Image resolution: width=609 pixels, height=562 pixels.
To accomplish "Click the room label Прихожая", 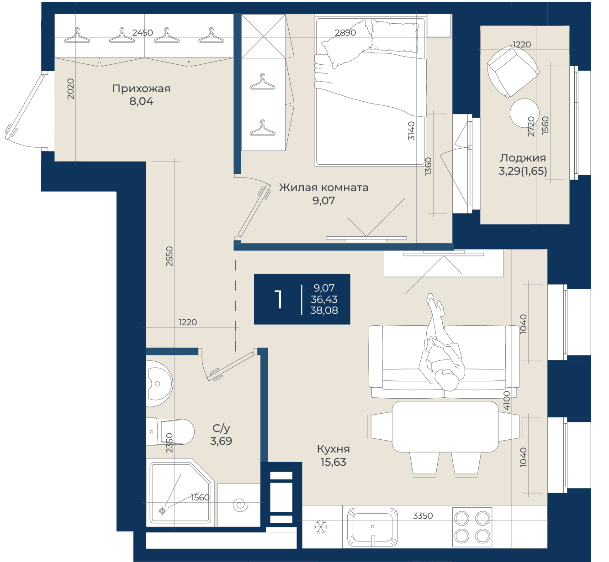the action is (141, 88).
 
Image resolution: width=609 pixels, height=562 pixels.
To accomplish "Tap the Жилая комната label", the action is (323, 187).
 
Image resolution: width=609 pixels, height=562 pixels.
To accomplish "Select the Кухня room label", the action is (334, 449).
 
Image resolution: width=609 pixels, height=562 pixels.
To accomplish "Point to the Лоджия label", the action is (523, 158).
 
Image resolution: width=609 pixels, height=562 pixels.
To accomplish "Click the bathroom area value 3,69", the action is (221, 441).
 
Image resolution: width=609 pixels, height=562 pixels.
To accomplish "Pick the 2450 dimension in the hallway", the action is (143, 32).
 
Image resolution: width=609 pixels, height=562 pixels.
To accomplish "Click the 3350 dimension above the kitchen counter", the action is (423, 516).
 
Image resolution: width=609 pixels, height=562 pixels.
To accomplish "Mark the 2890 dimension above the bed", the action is (345, 32).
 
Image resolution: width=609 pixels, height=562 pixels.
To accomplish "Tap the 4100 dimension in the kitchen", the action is (507, 401).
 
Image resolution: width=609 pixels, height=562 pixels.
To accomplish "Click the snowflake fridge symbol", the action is (321, 527).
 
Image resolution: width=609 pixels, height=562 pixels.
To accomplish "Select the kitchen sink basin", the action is (373, 527).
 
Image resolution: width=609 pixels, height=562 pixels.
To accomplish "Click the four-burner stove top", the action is (472, 527).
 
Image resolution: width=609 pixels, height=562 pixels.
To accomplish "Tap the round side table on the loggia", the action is (524, 113).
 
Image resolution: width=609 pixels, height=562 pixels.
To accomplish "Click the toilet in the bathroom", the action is (170, 432).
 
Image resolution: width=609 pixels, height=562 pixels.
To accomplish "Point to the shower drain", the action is (162, 511).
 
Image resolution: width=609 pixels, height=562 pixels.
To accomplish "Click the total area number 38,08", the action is (324, 310).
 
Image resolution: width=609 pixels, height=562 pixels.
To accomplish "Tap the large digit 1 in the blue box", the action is (279, 299).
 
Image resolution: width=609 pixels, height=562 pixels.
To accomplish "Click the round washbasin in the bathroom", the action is (159, 384).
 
